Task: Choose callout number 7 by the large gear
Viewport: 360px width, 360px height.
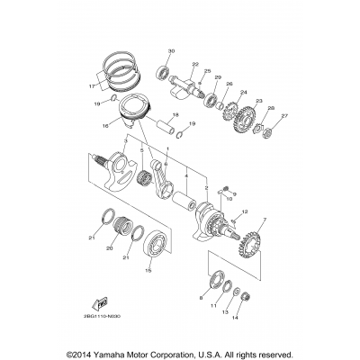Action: tap(264, 220)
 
